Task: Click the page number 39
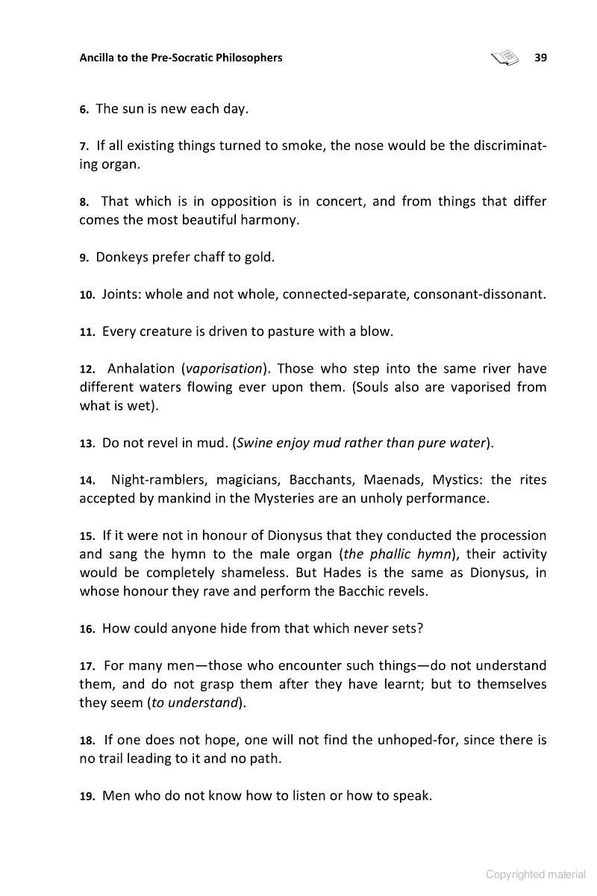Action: (x=541, y=57)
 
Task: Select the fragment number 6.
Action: (x=84, y=110)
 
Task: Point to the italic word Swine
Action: (x=255, y=443)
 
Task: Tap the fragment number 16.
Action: (x=87, y=629)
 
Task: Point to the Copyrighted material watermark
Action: (x=535, y=874)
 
